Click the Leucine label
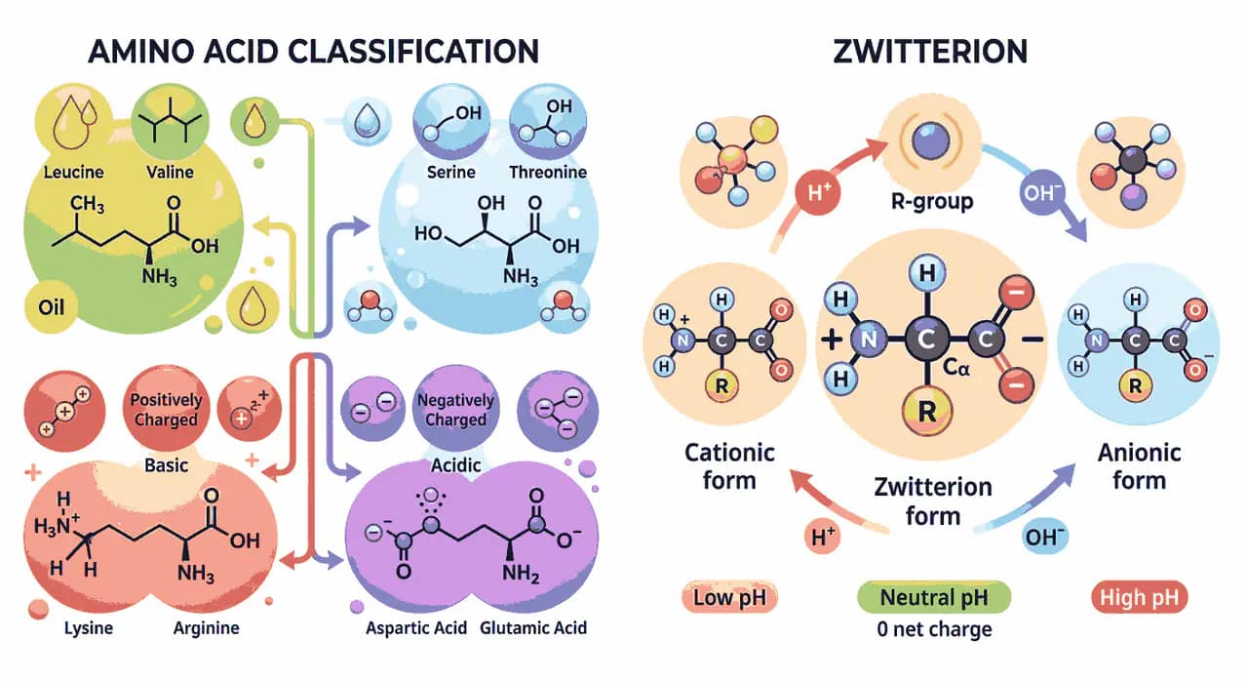(x=73, y=172)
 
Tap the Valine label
(x=170, y=172)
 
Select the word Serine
(x=450, y=172)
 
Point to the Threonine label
(x=548, y=172)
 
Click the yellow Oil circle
(x=52, y=307)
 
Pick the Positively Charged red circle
(x=166, y=410)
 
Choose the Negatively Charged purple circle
(x=455, y=410)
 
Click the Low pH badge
(x=729, y=597)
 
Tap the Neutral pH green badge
(x=934, y=597)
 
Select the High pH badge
(x=1140, y=597)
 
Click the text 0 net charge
(x=934, y=629)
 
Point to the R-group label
(x=932, y=201)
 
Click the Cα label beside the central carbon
(x=956, y=367)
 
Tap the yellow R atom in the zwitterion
(x=926, y=412)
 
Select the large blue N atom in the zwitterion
(x=869, y=339)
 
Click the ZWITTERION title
(x=930, y=52)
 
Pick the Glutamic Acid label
(x=533, y=628)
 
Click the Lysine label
(x=89, y=628)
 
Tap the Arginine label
(x=206, y=628)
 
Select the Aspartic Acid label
(x=416, y=628)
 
